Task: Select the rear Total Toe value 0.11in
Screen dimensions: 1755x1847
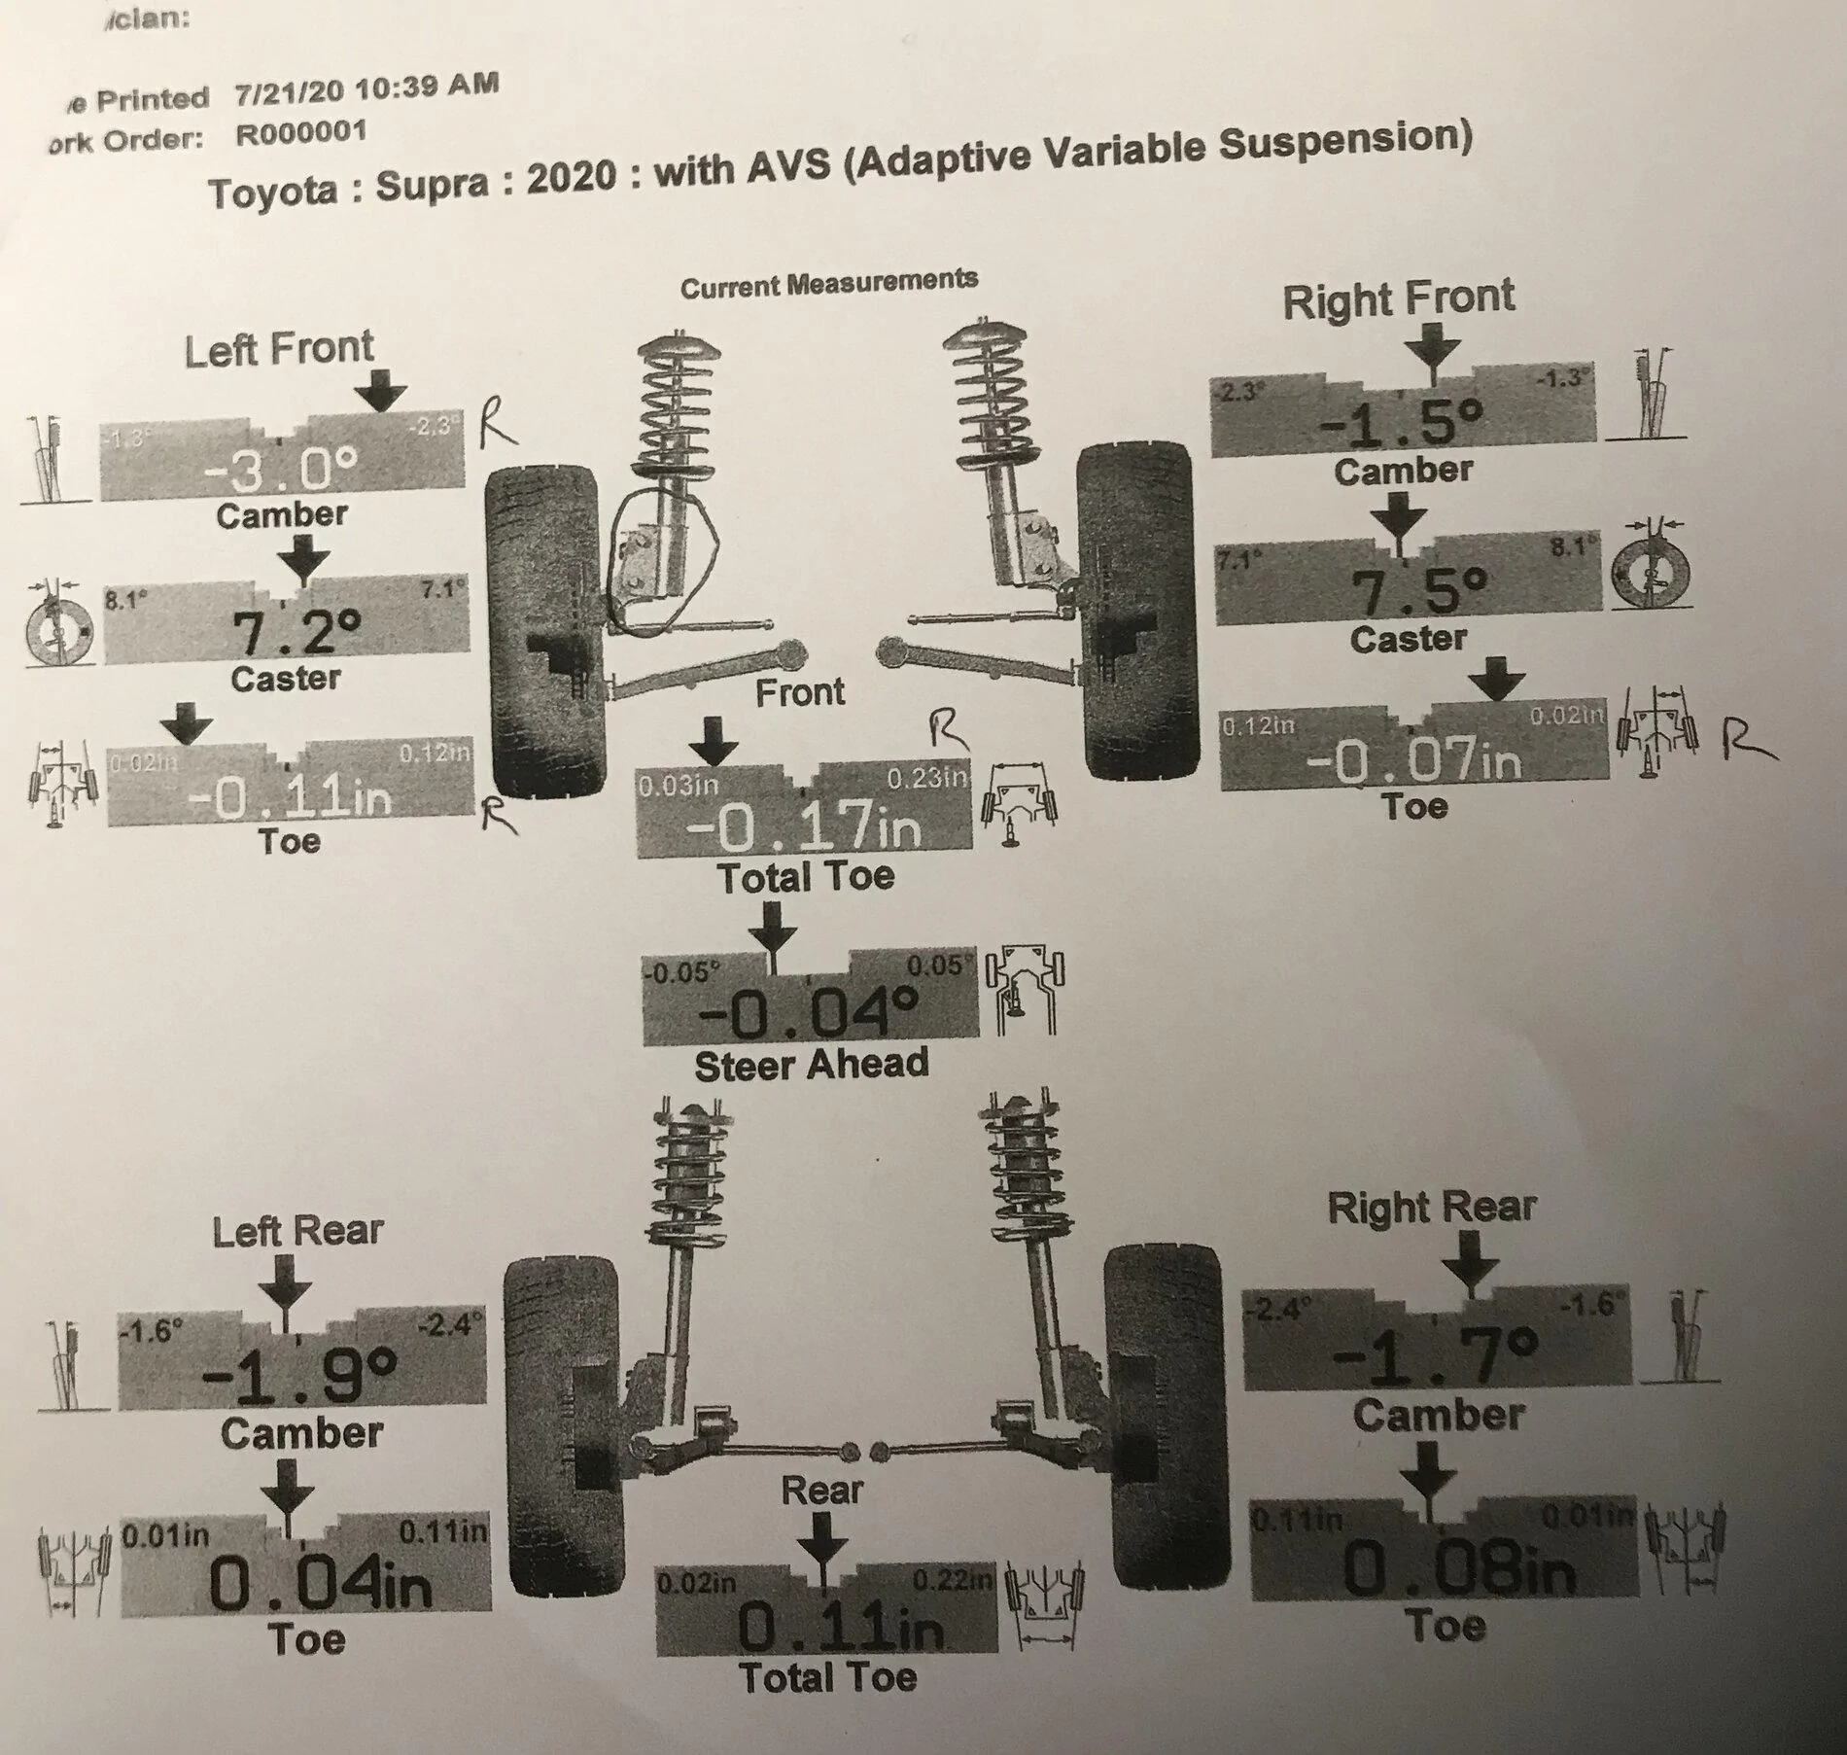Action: [839, 1625]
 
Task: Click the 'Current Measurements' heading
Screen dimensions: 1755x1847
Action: [828, 284]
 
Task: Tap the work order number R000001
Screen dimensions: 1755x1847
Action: [301, 132]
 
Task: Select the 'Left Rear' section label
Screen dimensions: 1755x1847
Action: [297, 1232]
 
